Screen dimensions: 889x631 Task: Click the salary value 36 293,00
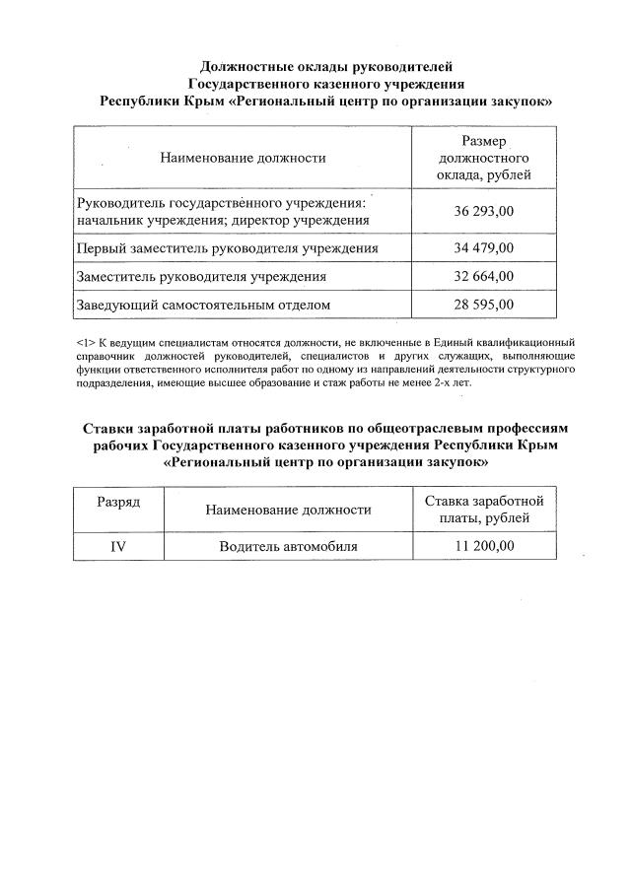[x=484, y=212]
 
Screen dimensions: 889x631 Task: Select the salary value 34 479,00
[x=484, y=248]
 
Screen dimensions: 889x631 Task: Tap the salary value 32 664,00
[x=484, y=277]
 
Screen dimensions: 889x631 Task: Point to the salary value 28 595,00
[x=484, y=305]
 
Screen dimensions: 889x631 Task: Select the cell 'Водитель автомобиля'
[x=288, y=546]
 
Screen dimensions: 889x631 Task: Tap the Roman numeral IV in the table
[x=117, y=546]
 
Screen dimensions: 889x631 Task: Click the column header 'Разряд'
[x=117, y=502]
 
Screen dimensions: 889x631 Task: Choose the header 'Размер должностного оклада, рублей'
[x=484, y=158]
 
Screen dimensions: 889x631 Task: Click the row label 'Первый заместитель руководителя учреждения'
[x=228, y=248]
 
